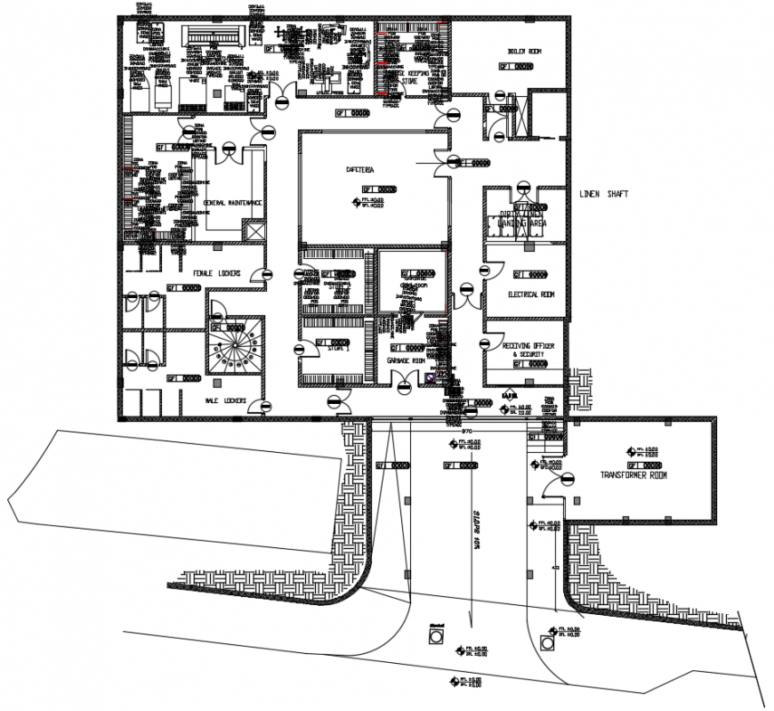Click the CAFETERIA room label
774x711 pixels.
pyautogui.click(x=360, y=169)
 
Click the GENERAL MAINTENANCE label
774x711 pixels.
pyautogui.click(x=233, y=204)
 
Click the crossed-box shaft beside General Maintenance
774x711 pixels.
pyautogui.click(x=255, y=230)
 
